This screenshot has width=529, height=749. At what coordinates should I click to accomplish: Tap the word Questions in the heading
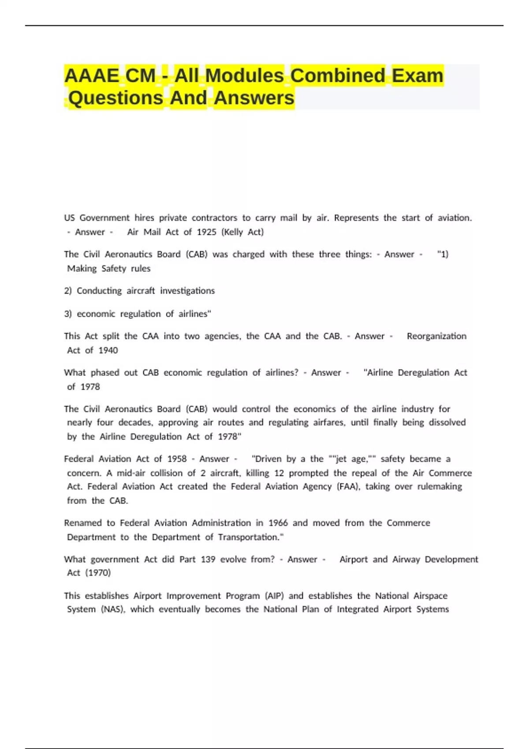pos(116,98)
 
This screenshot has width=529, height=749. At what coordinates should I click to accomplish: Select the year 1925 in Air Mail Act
pos(207,232)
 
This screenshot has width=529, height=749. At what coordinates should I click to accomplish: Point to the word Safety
pos(114,269)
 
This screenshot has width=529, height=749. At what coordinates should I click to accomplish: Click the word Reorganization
pos(436,336)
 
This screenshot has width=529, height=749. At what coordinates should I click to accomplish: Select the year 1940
pos(108,350)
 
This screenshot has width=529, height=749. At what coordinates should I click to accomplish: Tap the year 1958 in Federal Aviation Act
pos(177,459)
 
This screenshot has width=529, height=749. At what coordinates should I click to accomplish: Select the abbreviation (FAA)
pos(348,487)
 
